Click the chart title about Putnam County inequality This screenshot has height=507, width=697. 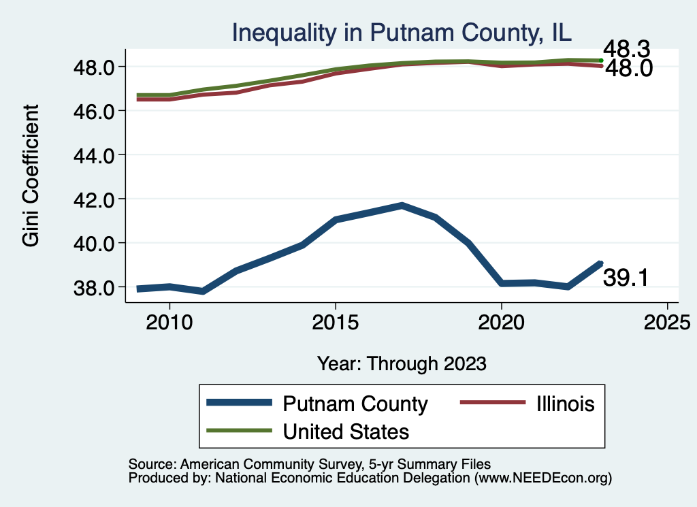402,32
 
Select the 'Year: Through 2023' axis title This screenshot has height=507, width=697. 402,363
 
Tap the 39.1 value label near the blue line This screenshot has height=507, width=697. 625,278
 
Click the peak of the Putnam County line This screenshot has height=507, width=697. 402,205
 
